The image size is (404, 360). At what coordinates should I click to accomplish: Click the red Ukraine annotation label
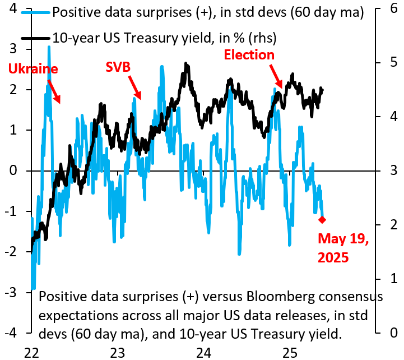[33, 69]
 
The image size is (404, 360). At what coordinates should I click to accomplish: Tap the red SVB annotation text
[118, 67]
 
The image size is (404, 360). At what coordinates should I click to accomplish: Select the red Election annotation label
[249, 55]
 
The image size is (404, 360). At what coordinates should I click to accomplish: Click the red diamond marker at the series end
[322, 219]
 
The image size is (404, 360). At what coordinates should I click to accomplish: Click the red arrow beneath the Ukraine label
[54, 91]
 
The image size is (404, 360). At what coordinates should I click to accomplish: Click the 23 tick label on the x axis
[117, 353]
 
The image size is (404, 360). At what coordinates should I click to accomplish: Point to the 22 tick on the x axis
[31, 353]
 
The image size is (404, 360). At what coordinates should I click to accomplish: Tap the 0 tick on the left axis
[16, 171]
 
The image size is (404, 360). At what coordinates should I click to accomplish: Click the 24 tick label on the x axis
[203, 353]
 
